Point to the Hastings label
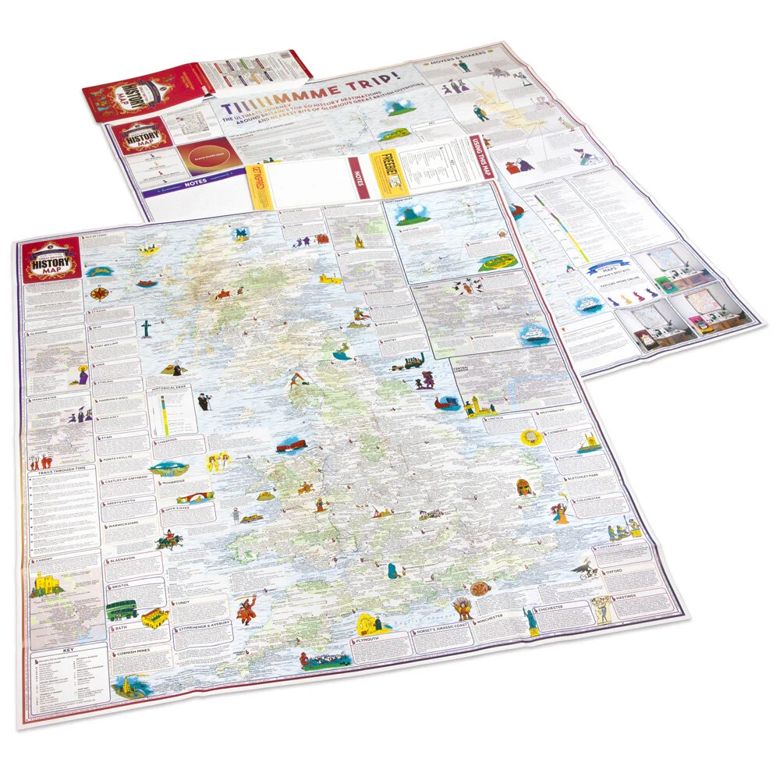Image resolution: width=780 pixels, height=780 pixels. tap(626, 596)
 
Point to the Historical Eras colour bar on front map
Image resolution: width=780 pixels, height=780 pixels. tap(164, 413)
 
